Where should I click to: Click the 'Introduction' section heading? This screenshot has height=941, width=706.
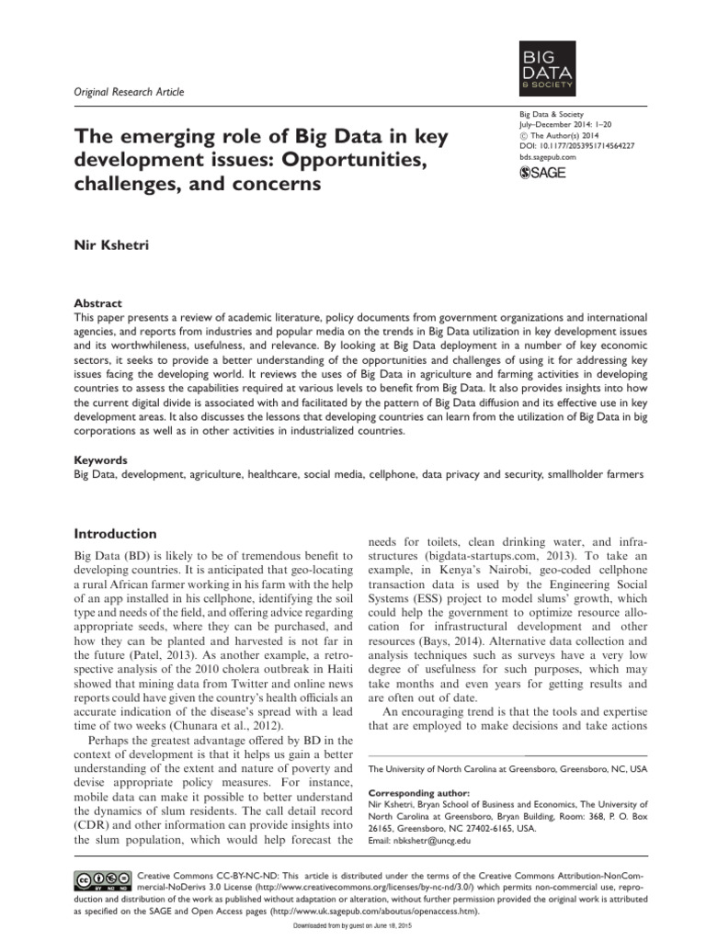coord(115,534)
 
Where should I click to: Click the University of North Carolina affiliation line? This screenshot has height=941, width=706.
coord(507,767)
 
